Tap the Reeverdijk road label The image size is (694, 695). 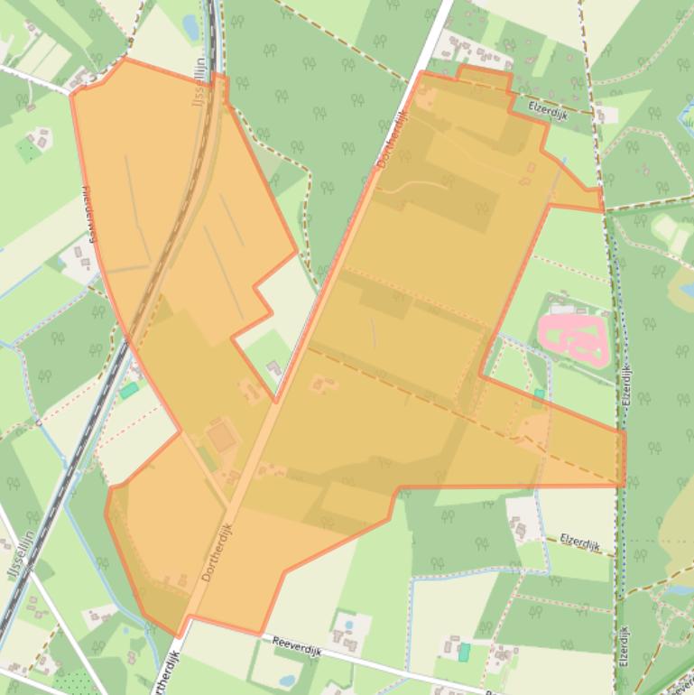tap(297, 644)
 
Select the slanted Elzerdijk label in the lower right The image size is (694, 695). tap(579, 542)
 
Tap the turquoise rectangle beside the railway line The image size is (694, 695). tap(129, 390)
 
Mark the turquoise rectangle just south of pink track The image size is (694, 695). tap(539, 394)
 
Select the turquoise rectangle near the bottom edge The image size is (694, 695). tap(464, 652)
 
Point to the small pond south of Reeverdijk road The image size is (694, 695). tap(287, 681)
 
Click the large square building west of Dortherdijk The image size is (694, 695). tap(221, 438)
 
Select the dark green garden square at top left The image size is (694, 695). tap(29, 150)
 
